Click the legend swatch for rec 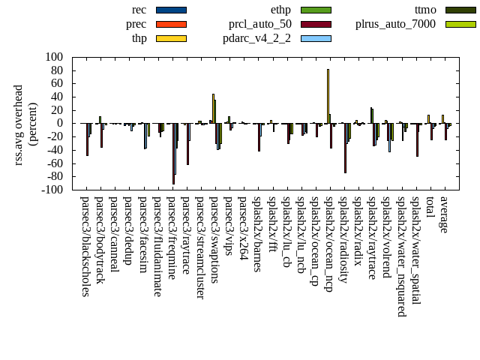[171, 10]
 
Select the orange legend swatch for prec [171, 24]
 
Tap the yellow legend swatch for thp [171, 38]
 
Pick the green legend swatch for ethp [316, 10]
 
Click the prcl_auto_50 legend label [260, 24]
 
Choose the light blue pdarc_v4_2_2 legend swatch [316, 38]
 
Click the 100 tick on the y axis [53, 57]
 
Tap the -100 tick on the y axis [52, 190]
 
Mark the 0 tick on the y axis [59, 124]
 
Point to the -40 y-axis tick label [53, 150]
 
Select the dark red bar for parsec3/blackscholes [87, 139]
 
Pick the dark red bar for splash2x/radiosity [345, 148]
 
